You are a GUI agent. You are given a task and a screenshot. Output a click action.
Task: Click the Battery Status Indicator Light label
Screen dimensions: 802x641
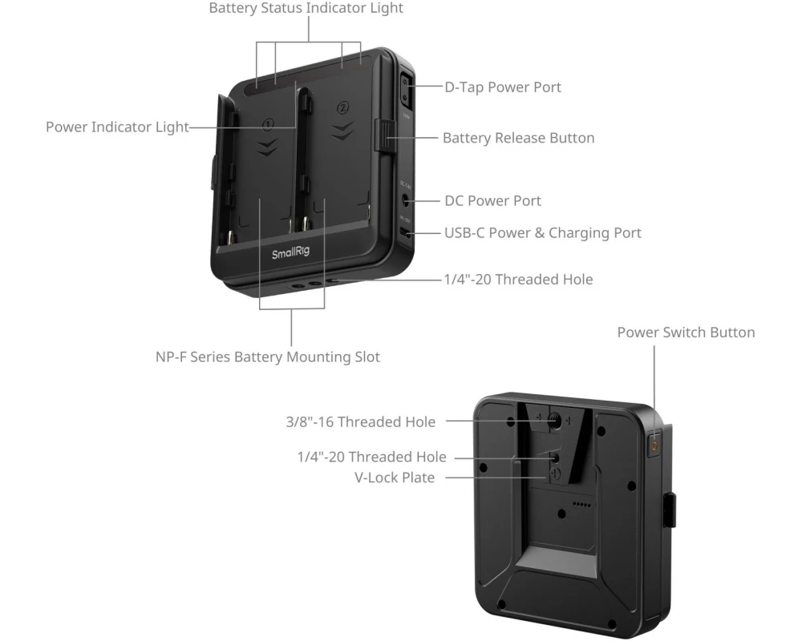point(306,8)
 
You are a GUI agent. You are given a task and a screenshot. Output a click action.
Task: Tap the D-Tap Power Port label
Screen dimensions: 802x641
point(503,87)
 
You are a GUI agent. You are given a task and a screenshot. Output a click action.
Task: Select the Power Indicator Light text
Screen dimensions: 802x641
point(117,127)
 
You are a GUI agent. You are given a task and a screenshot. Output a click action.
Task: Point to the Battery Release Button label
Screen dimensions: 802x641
point(519,138)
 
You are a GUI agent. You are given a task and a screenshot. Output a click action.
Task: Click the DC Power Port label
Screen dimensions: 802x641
point(492,201)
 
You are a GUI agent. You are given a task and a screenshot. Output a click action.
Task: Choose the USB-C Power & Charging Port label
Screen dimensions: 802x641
point(543,233)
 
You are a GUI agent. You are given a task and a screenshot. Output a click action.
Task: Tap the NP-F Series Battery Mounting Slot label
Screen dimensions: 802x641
point(268,357)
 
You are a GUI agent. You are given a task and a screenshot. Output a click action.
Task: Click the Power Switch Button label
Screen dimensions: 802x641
point(686,333)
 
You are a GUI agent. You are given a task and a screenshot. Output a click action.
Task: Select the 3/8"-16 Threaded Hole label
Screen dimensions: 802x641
point(361,421)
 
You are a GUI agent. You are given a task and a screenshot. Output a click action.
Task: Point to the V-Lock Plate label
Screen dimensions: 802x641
point(395,478)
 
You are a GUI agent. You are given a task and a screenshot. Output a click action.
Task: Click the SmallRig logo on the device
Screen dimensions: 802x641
point(290,253)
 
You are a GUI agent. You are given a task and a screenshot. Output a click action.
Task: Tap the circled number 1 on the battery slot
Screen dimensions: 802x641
point(268,123)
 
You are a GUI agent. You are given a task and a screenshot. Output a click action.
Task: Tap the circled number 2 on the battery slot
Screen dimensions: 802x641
point(342,107)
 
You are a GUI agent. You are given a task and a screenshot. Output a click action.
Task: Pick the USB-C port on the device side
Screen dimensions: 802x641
point(405,234)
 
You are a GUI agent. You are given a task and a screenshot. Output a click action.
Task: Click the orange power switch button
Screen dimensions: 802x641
point(654,445)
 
